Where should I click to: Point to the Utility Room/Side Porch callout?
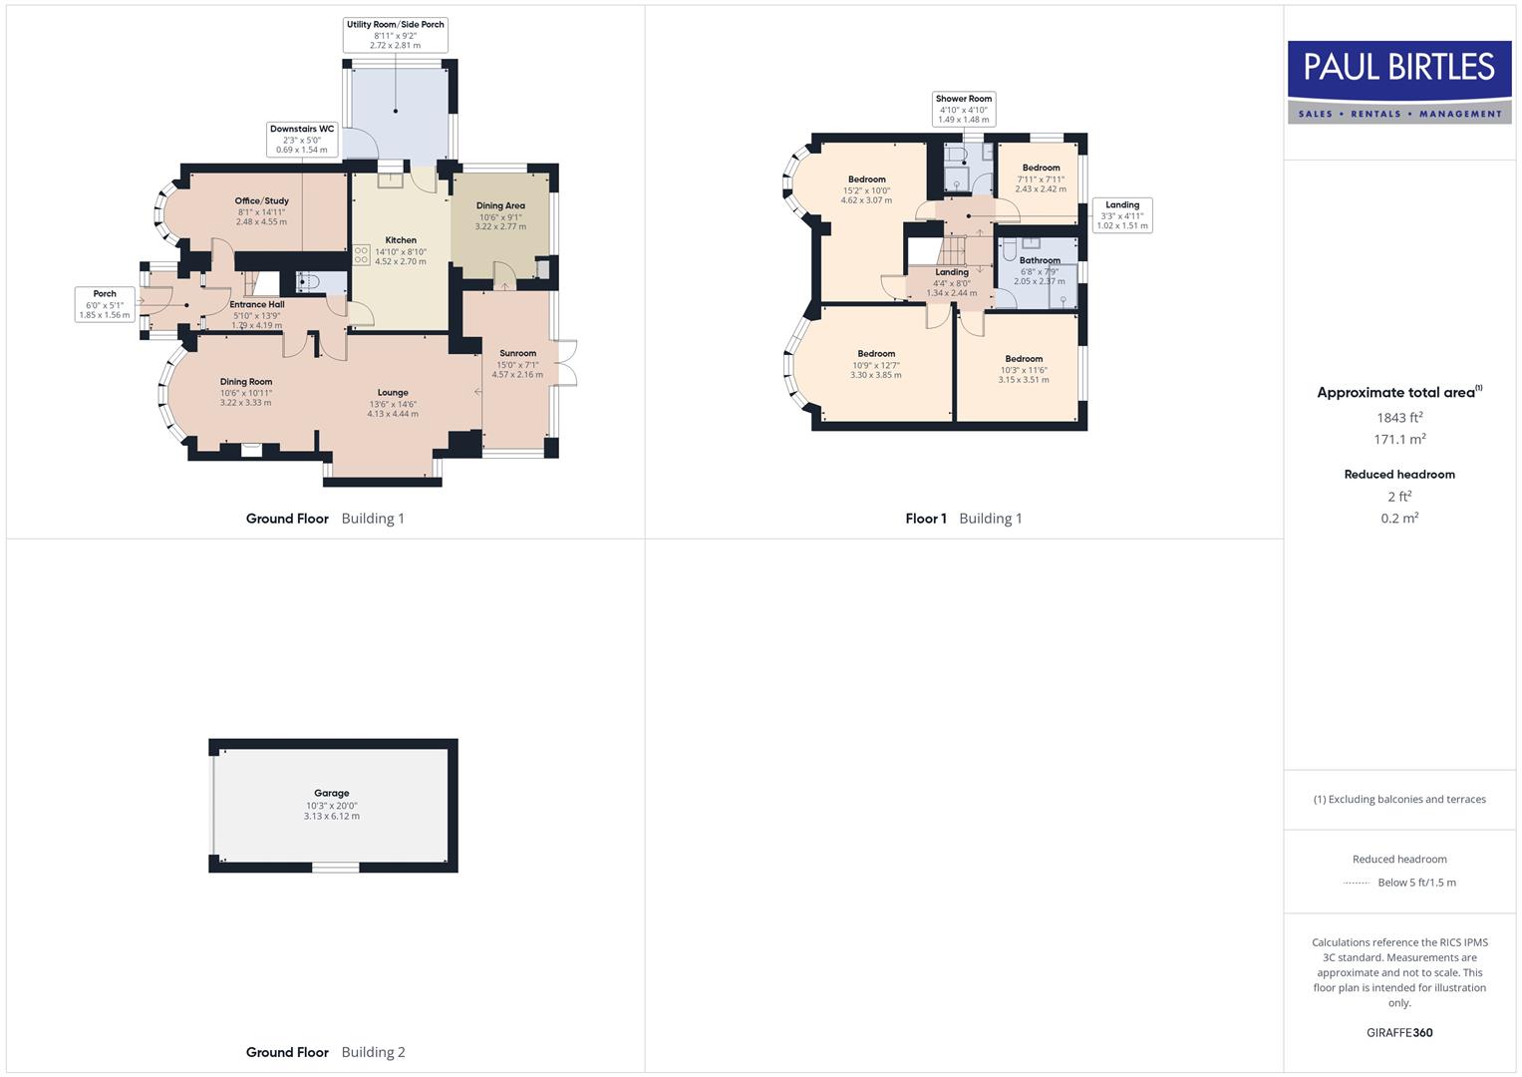point(395,35)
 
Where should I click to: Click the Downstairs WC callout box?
point(302,140)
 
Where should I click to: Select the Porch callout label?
point(105,304)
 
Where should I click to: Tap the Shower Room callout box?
point(964,109)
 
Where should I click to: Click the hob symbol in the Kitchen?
point(361,255)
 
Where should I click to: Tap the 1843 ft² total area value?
point(1398,418)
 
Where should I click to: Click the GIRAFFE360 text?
point(1398,1032)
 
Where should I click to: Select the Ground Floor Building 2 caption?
point(325,1052)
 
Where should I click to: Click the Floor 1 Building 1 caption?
point(963,519)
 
